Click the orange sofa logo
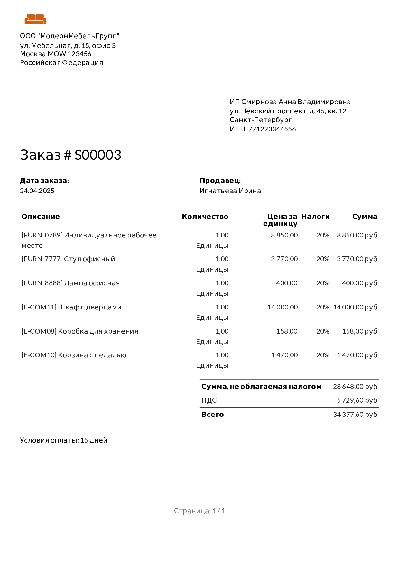(x=35, y=19)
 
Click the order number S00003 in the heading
(x=98, y=155)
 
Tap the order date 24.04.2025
(x=37, y=191)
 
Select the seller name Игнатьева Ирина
(x=230, y=191)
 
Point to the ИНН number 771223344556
(x=272, y=129)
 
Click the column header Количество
(x=205, y=217)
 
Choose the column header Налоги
(x=315, y=217)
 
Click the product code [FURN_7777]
(x=42, y=259)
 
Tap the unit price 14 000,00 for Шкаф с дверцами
(x=283, y=307)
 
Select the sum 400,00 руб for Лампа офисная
(x=359, y=283)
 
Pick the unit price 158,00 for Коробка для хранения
(x=287, y=331)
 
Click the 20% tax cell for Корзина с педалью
(x=323, y=355)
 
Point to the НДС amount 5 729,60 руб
(x=357, y=400)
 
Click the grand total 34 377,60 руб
(x=355, y=415)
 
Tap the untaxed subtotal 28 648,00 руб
(x=355, y=387)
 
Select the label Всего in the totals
(x=212, y=415)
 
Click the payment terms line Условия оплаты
(x=63, y=440)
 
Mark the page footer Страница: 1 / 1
(x=199, y=511)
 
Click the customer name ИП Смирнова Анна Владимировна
(x=290, y=102)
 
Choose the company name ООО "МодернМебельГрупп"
(x=70, y=36)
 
